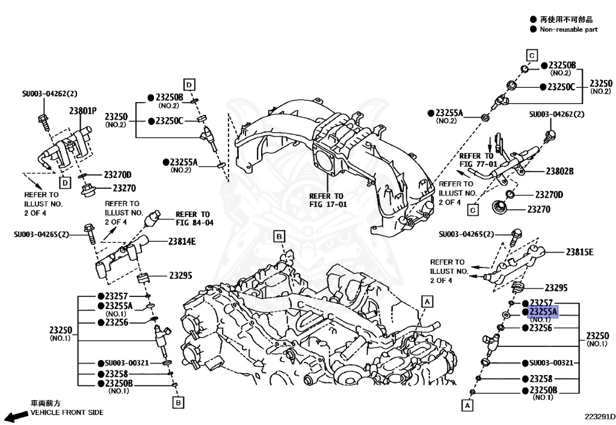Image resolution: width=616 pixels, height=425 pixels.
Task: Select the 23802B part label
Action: coord(559,171)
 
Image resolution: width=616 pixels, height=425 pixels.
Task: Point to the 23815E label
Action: coord(579,252)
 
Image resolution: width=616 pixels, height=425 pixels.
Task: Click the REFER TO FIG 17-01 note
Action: coord(327,200)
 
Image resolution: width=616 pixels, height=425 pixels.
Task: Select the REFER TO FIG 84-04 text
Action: coord(194,219)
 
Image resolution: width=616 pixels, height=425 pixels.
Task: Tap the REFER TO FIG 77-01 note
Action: coord(478,159)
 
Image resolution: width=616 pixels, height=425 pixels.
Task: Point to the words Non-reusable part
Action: coord(568,29)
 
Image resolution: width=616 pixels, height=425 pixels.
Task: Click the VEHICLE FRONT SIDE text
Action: coord(67,412)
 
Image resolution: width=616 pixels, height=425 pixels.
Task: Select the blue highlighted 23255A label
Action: coord(543,312)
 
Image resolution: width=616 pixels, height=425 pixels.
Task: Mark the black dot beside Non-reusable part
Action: coord(533,29)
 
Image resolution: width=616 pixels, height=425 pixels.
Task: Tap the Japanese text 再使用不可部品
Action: coord(564,19)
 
